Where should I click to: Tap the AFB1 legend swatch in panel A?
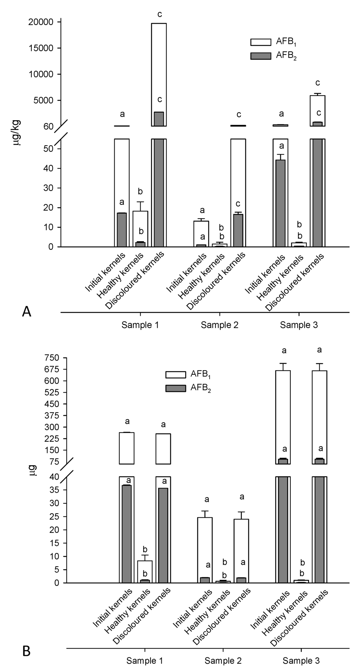pyautogui.click(x=261, y=42)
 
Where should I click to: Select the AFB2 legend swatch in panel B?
pyautogui.click(x=175, y=388)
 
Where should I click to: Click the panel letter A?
pyautogui.click(x=26, y=311)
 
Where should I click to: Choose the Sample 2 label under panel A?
pyautogui.click(x=220, y=325)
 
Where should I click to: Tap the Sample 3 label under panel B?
pyautogui.click(x=301, y=661)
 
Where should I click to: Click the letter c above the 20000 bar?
pyautogui.click(x=160, y=14)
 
